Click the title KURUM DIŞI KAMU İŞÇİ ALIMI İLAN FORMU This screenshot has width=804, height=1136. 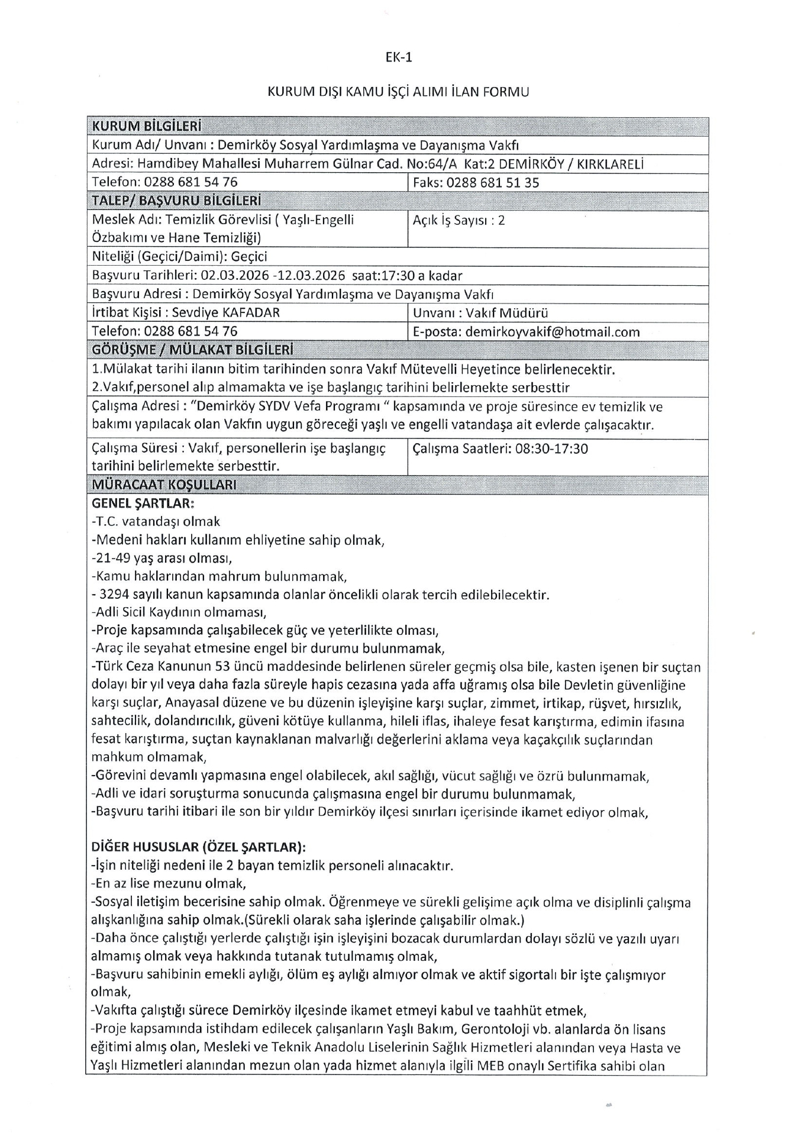tap(398, 92)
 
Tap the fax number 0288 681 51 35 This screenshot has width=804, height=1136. tap(493, 183)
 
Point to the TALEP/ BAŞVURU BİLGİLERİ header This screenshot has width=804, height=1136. tap(176, 201)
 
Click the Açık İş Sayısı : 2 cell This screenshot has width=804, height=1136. tap(458, 221)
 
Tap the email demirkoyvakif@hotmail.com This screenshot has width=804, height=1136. tap(553, 332)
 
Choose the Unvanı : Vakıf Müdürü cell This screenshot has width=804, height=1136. tap(480, 313)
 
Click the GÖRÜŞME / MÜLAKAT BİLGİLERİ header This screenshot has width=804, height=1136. tap(192, 350)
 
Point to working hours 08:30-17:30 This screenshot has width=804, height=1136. tap(551, 449)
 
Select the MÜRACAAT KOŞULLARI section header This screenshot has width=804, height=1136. tap(164, 485)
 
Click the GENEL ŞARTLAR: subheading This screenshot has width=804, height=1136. tap(143, 504)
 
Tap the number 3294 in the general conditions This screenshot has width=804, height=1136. tap(114, 595)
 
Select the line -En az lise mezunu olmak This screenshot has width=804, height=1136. tap(169, 883)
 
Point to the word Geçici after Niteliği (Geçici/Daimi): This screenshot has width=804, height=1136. tap(250, 257)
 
